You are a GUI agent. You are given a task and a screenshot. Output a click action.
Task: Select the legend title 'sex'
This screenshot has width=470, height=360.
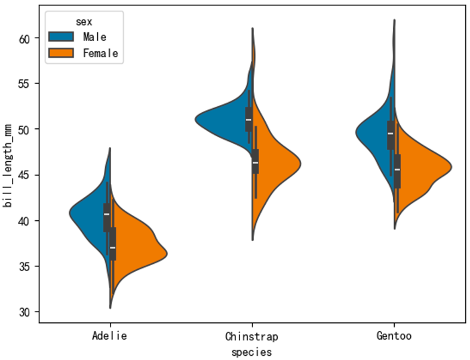click(84, 21)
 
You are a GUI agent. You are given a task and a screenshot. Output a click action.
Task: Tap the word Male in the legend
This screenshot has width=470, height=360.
click(95, 37)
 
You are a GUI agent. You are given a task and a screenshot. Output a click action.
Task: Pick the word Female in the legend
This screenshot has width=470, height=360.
click(100, 53)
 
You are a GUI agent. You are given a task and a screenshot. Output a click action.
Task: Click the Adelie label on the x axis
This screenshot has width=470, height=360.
click(109, 336)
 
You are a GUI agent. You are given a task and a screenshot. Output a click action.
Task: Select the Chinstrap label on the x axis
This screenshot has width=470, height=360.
click(251, 336)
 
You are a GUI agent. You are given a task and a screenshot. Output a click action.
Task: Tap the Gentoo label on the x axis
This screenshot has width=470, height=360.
click(394, 336)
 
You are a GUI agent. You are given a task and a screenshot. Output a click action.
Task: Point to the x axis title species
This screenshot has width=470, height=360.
click(251, 352)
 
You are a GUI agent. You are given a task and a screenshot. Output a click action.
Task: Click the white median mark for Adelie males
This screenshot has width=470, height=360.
click(106, 214)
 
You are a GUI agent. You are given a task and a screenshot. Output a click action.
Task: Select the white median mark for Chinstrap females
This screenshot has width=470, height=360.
click(255, 162)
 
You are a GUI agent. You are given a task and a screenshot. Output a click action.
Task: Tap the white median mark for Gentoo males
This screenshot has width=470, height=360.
click(391, 133)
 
